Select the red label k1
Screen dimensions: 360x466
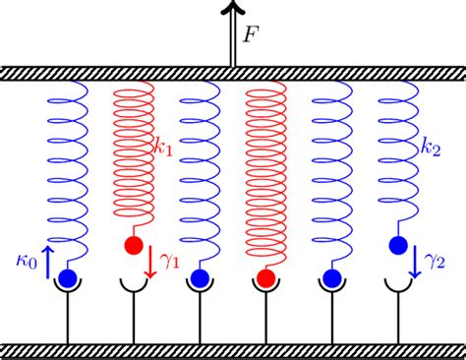click(163, 149)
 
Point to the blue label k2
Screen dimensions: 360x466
click(430, 149)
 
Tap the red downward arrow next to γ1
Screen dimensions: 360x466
click(151, 261)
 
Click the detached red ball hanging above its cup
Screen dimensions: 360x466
click(133, 244)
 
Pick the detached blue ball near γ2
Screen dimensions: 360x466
click(398, 244)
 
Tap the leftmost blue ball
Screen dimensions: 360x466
click(67, 279)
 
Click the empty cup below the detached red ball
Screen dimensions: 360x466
click(133, 287)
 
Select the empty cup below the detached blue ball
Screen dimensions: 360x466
click(398, 287)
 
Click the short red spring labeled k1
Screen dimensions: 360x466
click(135, 148)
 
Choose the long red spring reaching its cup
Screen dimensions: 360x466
click(265, 177)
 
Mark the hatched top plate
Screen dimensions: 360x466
click(233, 74)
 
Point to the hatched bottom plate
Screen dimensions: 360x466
click(233, 351)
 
